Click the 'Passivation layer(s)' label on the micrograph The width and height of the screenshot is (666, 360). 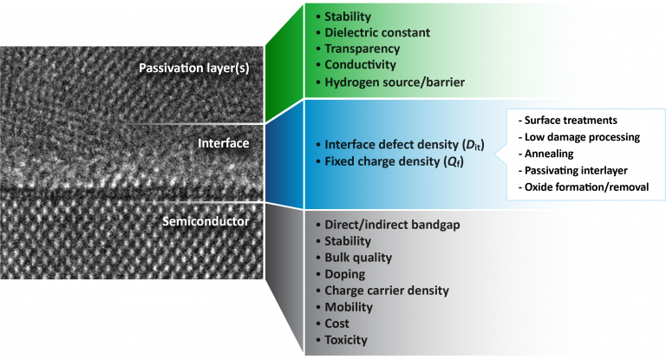pos(194,68)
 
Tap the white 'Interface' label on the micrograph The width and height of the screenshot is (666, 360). pos(224,143)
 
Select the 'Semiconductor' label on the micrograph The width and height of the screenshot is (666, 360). pos(206,221)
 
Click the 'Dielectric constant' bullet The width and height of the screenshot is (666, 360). pos(377,32)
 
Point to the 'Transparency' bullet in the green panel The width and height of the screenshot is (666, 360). pos(362,49)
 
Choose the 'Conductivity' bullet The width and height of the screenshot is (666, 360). pos(360,64)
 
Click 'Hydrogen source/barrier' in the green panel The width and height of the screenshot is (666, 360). pos(395,82)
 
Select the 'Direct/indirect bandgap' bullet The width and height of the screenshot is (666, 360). pos(392,225)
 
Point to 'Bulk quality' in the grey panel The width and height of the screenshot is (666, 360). pos(358,258)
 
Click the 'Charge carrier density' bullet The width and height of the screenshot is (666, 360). pos(387,291)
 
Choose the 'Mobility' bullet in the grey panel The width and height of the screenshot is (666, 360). pos(349,307)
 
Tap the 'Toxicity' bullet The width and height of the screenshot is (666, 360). pos(346,340)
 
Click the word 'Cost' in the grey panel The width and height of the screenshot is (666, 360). pos(336,324)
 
